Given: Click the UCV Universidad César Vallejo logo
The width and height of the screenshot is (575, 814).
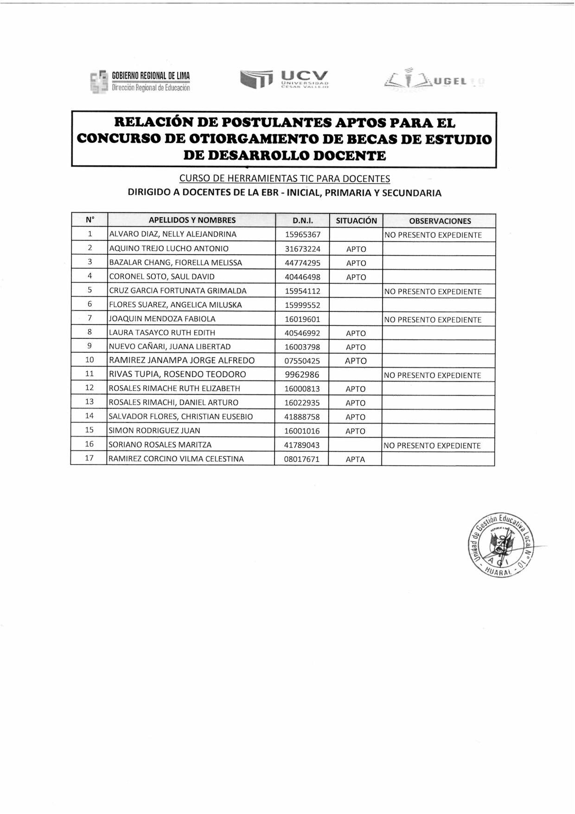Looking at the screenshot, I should point(284,79).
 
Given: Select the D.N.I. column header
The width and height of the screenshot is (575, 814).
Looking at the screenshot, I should point(302,220).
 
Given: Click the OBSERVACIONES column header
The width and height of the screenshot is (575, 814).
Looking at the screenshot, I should point(440,221).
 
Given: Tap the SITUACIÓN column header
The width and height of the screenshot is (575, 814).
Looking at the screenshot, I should point(356,220).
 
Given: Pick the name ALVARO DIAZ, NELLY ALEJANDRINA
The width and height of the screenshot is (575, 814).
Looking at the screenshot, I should point(173,234).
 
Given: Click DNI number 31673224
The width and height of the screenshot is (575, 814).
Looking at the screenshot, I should point(302,249).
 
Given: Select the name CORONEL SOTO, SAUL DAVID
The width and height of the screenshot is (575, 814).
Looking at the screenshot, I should point(162,277).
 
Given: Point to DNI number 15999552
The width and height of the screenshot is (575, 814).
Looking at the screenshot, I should point(302,305).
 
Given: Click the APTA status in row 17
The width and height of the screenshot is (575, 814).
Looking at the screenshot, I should point(355,459).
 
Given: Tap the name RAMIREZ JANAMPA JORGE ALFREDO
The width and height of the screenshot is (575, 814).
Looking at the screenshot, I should point(182,361).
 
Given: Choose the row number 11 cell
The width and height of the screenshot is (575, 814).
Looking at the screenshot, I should point(89,374).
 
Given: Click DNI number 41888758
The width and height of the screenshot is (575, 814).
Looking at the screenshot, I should point(302,417).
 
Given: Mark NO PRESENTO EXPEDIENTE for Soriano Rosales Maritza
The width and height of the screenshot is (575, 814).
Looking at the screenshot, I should point(432,446).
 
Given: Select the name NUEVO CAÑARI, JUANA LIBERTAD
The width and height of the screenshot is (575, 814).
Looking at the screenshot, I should point(170,347).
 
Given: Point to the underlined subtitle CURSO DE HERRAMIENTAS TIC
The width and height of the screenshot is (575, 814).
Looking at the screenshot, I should point(284,179).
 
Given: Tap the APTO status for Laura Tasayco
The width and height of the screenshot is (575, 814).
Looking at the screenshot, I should point(356,333).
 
